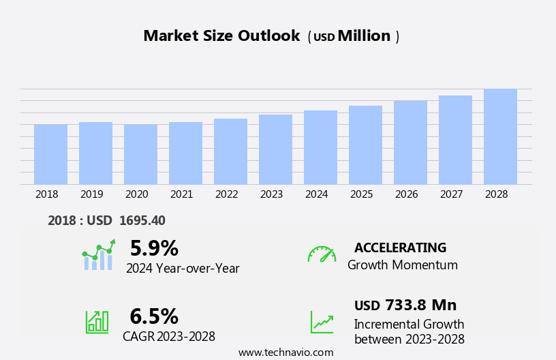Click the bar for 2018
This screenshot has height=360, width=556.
(50, 154)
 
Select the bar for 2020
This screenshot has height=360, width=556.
(140, 154)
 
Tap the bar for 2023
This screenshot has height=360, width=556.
(275, 149)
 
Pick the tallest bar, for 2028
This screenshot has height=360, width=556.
(500, 136)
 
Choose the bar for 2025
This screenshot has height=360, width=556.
(365, 145)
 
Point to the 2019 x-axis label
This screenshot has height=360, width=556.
(92, 194)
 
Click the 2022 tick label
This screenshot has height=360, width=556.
(227, 194)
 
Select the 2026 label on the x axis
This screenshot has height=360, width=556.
(407, 194)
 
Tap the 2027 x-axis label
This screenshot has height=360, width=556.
(452, 194)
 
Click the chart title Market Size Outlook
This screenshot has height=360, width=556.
(221, 36)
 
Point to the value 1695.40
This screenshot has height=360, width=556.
(142, 220)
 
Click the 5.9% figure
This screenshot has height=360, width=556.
(154, 248)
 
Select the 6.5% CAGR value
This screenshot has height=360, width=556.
(154, 316)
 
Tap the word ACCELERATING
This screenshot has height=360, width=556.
(400, 247)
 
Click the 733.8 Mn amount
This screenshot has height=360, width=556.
(420, 305)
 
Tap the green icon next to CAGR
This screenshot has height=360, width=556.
(97, 322)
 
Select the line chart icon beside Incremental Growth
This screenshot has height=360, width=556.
(322, 322)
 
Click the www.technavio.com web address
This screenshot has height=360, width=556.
(285, 352)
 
